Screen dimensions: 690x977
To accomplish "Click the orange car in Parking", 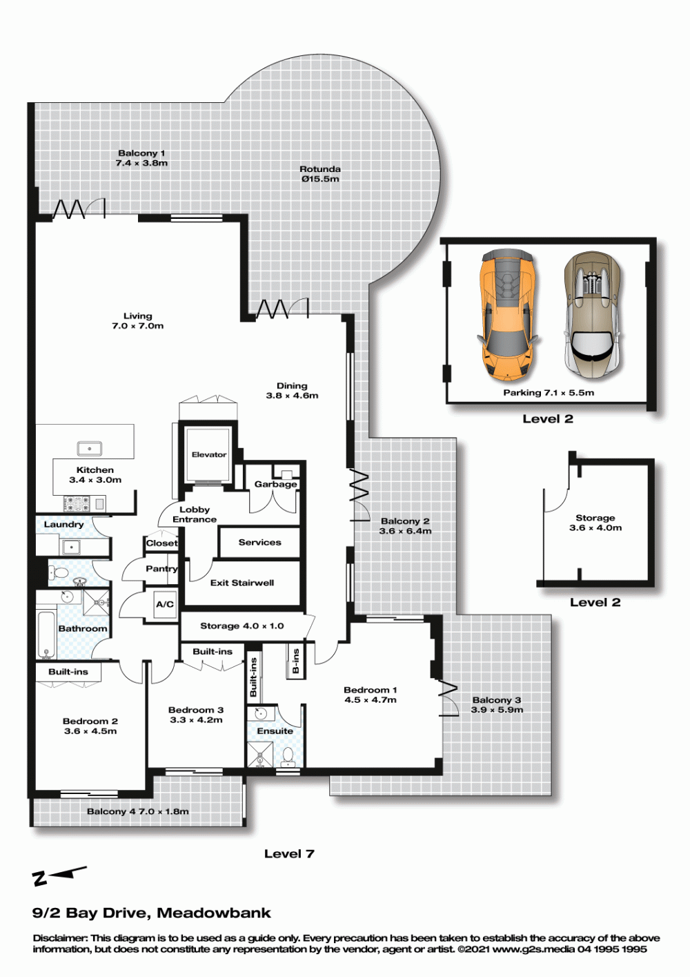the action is [x=508, y=314].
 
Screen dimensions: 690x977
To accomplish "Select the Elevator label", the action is [x=209, y=454].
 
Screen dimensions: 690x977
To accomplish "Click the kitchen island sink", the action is [x=90, y=449].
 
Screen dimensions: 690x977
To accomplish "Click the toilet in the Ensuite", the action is [x=287, y=757].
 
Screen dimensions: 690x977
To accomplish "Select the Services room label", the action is [x=260, y=542].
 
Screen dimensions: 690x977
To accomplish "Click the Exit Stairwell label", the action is [x=242, y=583].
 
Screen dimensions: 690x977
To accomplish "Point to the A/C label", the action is [x=165, y=604].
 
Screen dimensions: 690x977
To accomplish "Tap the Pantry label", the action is [x=161, y=569].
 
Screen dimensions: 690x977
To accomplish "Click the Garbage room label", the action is [x=275, y=484].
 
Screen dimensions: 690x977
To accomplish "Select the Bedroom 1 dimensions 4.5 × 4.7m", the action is [x=370, y=699].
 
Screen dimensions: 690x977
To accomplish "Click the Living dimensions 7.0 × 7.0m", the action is [x=138, y=326].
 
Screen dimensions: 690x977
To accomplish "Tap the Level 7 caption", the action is [x=289, y=853].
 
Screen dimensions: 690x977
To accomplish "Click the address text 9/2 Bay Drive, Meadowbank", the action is [x=152, y=913].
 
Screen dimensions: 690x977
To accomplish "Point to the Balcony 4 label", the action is [x=107, y=811].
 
